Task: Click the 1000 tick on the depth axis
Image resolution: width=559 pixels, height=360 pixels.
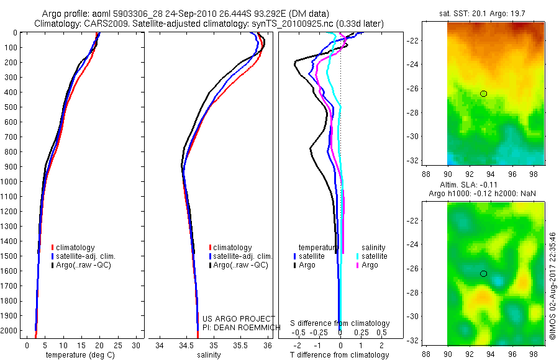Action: point(12,182)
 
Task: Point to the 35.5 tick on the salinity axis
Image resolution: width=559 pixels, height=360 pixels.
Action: point(240,345)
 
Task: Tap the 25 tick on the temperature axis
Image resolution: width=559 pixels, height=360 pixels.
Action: point(119,345)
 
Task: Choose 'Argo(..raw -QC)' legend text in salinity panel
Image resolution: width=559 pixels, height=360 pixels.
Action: point(240,265)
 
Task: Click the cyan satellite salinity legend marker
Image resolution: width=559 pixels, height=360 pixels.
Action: point(358,256)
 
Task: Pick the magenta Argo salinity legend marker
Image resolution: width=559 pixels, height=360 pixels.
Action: point(358,265)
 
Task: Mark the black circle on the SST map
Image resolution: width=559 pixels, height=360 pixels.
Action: point(483,94)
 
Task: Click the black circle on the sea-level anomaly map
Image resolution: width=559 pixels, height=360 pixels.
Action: point(483,274)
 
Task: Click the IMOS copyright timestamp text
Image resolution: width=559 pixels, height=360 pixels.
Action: point(552,286)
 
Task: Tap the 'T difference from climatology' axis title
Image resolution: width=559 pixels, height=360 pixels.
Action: point(339,355)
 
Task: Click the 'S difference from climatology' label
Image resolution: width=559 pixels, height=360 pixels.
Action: point(340,323)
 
